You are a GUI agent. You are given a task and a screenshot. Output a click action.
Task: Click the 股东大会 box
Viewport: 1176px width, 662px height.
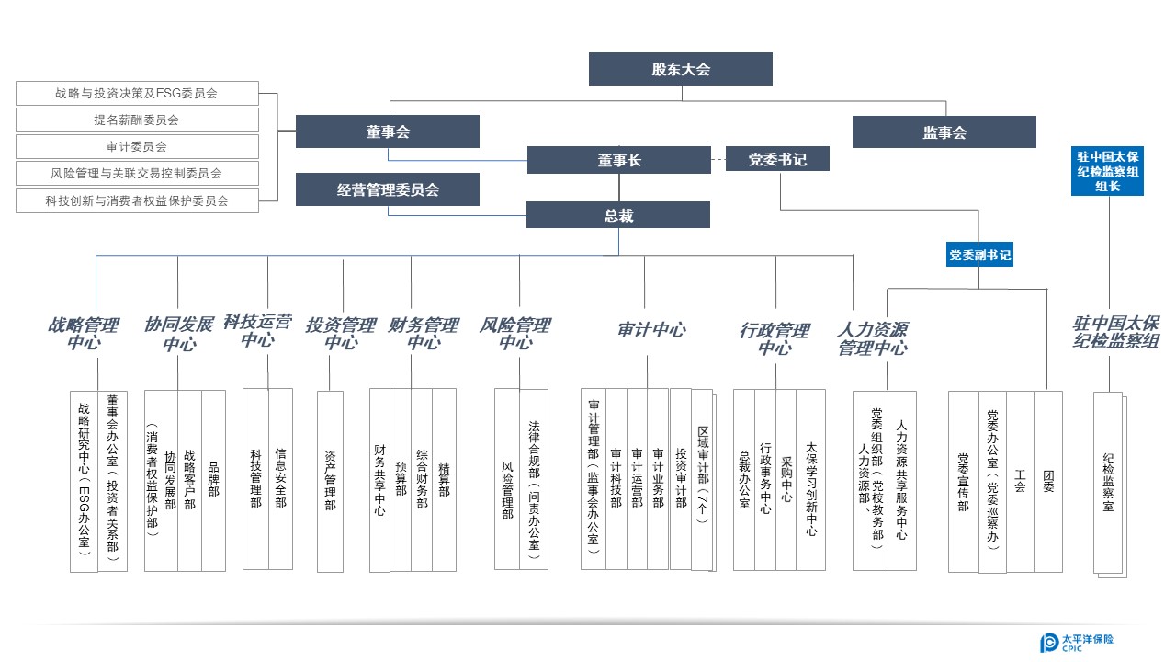pyautogui.click(x=681, y=69)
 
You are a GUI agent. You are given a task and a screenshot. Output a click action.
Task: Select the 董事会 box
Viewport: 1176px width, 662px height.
pyautogui.click(x=388, y=131)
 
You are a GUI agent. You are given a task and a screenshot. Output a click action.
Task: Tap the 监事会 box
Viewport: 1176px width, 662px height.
pyautogui.click(x=944, y=131)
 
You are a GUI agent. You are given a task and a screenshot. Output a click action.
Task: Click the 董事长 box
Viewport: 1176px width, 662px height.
pyautogui.click(x=619, y=160)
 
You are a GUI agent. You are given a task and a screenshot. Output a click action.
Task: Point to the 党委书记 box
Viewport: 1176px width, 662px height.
pyautogui.click(x=777, y=159)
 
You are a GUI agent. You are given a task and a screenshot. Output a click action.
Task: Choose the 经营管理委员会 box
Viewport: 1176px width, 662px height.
pyautogui.click(x=388, y=189)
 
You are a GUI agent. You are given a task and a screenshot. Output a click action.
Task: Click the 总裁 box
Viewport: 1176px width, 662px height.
pyautogui.click(x=618, y=215)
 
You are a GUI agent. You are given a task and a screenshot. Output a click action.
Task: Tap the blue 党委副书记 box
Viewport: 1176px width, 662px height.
pyautogui.click(x=979, y=255)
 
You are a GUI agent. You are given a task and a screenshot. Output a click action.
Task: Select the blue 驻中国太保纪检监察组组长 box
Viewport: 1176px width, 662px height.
pyautogui.click(x=1107, y=171)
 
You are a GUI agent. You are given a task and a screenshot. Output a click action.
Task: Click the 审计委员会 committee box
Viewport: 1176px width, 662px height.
pyautogui.click(x=137, y=146)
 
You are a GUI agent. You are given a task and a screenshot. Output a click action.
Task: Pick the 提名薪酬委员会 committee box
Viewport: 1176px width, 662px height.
pyautogui.click(x=137, y=120)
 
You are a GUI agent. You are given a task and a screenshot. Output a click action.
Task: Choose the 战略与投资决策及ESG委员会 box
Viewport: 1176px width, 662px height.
pyautogui.click(x=137, y=93)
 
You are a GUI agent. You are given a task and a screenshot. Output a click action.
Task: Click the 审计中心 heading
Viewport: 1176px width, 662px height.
pyautogui.click(x=651, y=330)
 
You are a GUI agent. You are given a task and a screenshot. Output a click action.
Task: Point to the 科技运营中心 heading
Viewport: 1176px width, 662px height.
pyautogui.click(x=258, y=330)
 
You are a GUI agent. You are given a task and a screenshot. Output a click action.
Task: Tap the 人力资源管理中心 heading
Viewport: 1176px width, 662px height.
pyautogui.click(x=873, y=339)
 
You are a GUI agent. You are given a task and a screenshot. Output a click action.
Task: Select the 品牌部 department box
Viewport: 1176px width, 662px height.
pyautogui.click(x=214, y=481)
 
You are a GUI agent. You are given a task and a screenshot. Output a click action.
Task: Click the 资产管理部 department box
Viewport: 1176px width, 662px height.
pyautogui.click(x=330, y=481)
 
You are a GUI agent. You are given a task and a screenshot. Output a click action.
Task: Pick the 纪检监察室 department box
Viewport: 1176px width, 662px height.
pyautogui.click(x=1108, y=483)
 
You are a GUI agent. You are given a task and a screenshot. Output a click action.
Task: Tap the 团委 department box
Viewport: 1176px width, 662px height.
pyautogui.click(x=1048, y=481)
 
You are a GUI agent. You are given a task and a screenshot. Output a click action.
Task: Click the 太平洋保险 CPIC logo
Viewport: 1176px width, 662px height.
pyautogui.click(x=1077, y=642)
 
